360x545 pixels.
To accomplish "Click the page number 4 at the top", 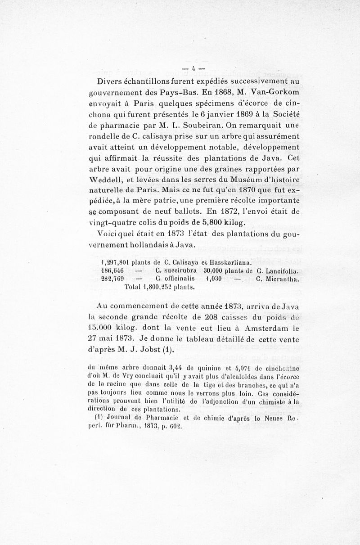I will (193, 69).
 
